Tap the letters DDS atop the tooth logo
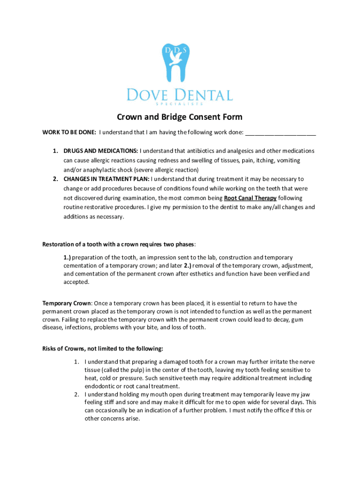click(180, 49)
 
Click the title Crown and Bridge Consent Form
click(180, 117)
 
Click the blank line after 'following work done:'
click(281, 133)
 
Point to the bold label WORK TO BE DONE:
click(69, 132)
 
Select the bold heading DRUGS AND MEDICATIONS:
click(101, 151)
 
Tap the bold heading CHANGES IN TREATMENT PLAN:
click(107, 179)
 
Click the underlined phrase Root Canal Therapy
click(250, 198)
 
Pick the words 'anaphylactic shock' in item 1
click(103, 170)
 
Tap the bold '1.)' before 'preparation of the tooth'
click(67, 258)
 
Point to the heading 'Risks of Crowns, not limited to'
click(103, 349)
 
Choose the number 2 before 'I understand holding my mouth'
click(76, 394)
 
